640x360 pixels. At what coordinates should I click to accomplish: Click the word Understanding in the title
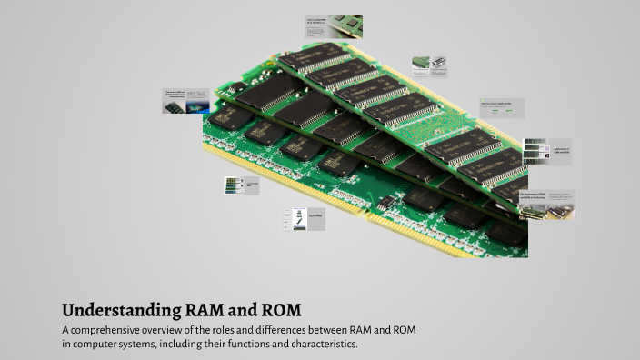tap(115, 309)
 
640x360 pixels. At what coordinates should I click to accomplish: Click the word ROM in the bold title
tap(278, 309)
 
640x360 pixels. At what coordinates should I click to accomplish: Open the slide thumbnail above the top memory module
tap(333, 26)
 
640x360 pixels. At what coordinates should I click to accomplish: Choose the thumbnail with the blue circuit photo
tap(186, 101)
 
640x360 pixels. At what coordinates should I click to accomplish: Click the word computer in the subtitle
tap(96, 345)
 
